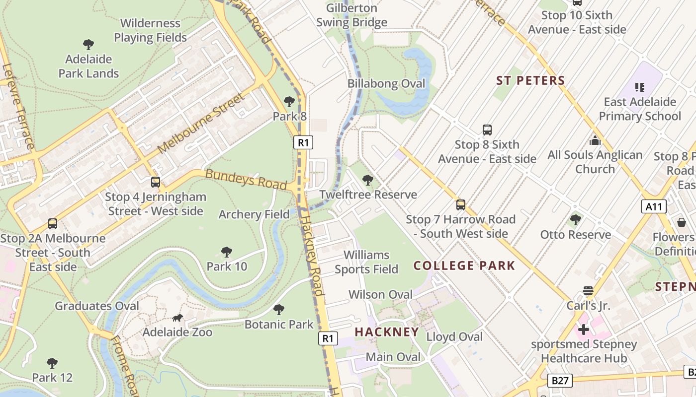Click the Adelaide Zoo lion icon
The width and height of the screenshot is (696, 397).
click(177, 318)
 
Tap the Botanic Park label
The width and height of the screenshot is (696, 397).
click(279, 325)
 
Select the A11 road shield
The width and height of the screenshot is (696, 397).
click(653, 206)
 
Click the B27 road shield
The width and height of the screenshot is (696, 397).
click(560, 381)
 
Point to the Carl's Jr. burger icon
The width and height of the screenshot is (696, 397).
click(588, 291)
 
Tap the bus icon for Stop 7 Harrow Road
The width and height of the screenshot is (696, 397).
click(461, 204)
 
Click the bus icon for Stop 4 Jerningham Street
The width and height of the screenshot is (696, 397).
click(156, 182)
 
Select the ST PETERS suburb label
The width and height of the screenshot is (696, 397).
click(530, 81)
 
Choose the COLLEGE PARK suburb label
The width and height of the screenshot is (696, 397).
click(464, 265)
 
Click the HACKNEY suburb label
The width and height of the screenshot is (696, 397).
click(387, 332)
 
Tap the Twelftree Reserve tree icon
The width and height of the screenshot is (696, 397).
click(368, 180)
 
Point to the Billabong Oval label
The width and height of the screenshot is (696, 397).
click(386, 83)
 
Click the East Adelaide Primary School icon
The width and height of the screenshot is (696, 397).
click(640, 87)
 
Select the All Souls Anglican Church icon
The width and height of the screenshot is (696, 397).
click(595, 140)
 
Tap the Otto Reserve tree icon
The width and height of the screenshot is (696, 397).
click(576, 219)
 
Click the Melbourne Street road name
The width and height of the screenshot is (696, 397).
click(201, 124)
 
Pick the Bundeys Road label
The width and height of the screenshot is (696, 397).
click(246, 179)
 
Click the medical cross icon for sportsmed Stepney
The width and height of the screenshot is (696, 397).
click(584, 329)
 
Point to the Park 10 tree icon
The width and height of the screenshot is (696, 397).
click(227, 252)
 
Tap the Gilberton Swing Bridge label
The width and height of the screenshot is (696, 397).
click(351, 15)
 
